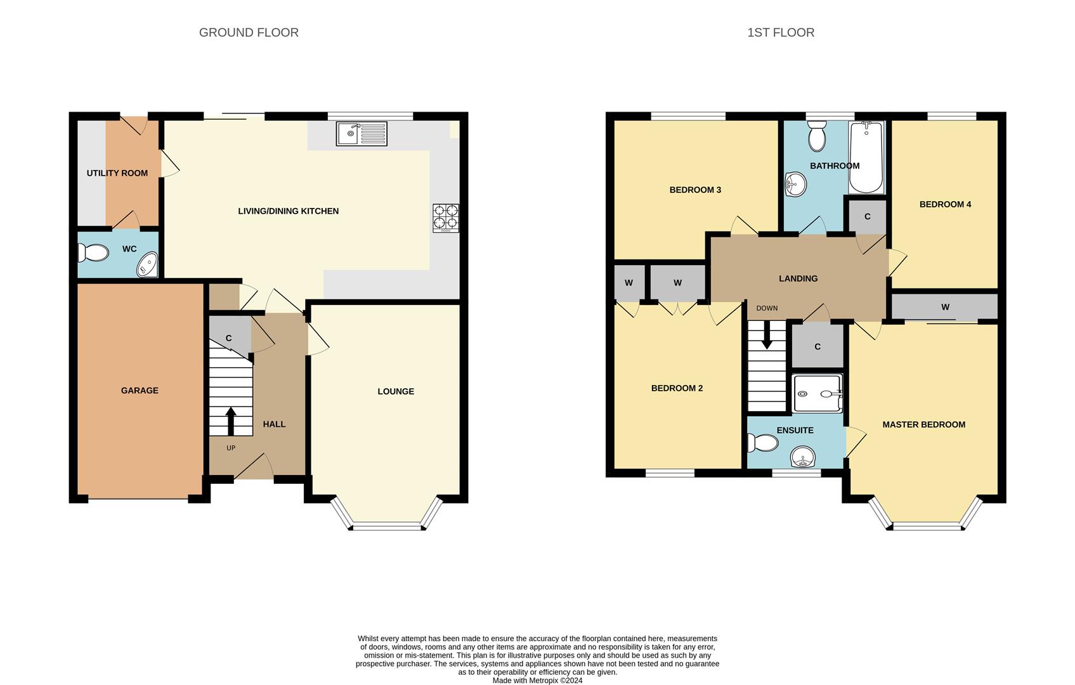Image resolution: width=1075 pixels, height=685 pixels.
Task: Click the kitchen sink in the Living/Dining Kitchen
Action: click(362, 134)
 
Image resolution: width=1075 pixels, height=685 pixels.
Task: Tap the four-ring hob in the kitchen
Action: click(445, 218)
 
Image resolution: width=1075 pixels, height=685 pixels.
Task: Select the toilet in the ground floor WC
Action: click(93, 252)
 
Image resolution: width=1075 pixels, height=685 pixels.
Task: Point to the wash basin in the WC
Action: click(147, 264)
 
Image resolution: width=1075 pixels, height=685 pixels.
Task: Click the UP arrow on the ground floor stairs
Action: click(231, 421)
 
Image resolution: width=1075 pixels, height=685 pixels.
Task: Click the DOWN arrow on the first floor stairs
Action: click(767, 335)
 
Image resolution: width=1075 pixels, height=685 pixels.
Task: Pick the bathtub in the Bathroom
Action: click(866, 157)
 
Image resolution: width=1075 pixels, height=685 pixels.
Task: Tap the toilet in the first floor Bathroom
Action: click(816, 135)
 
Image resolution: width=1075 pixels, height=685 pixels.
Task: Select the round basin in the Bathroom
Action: click(795, 185)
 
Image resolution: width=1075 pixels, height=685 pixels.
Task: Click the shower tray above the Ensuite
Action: click(818, 393)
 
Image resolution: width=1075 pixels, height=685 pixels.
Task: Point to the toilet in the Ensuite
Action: click(762, 443)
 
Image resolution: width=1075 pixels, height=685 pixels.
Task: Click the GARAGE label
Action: click(140, 391)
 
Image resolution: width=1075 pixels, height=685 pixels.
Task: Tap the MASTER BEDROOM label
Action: click(924, 425)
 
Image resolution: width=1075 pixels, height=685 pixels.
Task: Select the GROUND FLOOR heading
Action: click(249, 32)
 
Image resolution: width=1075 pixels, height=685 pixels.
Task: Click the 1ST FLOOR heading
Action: click(781, 32)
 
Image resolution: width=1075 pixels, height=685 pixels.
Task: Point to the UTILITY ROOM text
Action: click(117, 173)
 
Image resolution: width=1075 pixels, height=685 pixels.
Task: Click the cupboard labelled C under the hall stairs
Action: click(230, 336)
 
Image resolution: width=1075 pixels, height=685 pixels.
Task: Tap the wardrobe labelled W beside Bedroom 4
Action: click(944, 307)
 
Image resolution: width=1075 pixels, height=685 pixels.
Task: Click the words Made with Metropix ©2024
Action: click(538, 681)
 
